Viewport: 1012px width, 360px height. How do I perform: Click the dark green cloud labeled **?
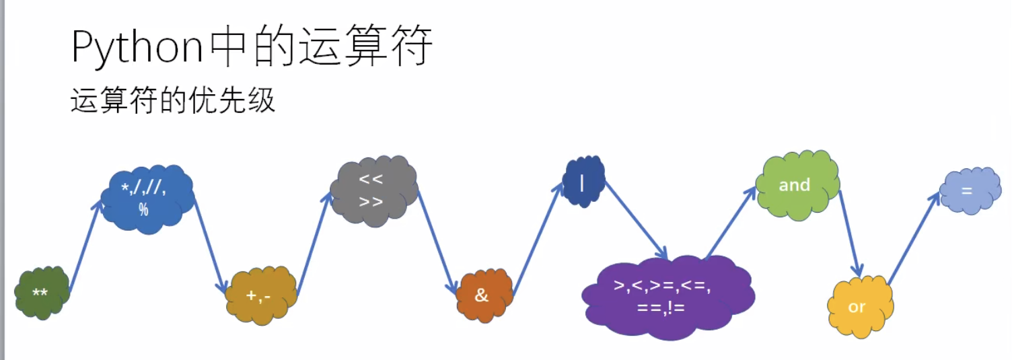(x=42, y=293)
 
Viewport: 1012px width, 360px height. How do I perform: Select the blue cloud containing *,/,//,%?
(x=147, y=199)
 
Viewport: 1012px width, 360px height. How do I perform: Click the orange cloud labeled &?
(x=483, y=295)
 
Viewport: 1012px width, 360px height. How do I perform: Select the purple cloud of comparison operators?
(x=666, y=296)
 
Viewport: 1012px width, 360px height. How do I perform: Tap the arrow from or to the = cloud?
(x=914, y=239)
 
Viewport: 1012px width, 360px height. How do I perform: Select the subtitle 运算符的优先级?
(x=172, y=101)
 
